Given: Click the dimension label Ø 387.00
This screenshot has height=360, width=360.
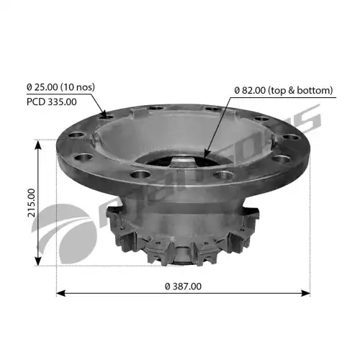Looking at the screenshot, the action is point(183,286).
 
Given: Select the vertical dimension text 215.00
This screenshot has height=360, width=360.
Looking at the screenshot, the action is point(32,203).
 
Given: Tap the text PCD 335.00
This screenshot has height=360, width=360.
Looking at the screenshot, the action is point(52,102).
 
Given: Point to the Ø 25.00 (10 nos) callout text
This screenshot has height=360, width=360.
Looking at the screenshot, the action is point(60,87).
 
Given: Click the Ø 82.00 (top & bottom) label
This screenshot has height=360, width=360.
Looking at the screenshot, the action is point(284,90).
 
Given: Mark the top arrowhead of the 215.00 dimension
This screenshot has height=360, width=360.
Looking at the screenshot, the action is point(38,145).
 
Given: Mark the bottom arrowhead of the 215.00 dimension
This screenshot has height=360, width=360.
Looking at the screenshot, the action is point(38,261).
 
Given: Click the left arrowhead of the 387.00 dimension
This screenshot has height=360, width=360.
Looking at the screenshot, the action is point(61,293).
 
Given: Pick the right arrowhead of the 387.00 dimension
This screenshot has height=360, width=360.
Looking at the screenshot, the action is point(305,293).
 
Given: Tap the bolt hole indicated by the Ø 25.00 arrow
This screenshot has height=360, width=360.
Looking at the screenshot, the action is point(107,117).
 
